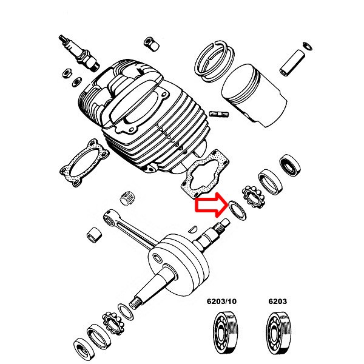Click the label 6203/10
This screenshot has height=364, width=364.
tap(221, 302)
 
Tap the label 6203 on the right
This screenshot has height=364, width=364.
tap(278, 302)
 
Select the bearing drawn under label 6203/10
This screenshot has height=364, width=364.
tap(226, 333)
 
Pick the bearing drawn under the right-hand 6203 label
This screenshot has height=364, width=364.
tap(278, 333)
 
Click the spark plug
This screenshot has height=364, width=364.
tap(79, 53)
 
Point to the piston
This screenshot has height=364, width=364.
tap(254, 95)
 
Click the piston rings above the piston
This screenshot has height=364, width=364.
tap(214, 61)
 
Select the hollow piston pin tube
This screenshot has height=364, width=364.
tap(292, 62)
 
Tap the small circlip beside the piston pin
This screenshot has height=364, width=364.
tap(308, 46)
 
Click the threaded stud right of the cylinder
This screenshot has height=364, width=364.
tap(219, 114)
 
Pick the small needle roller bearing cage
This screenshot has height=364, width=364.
tap(127, 198)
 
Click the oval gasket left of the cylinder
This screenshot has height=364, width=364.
tap(84, 163)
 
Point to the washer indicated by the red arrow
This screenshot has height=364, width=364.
tap(237, 210)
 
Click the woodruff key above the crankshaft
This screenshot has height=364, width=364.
tap(193, 229)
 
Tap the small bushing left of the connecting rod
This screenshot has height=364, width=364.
tap(94, 235)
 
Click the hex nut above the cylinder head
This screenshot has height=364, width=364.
tap(151, 44)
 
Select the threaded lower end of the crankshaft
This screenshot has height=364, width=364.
tap(136, 303)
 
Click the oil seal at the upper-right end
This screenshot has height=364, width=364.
tap(290, 166)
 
